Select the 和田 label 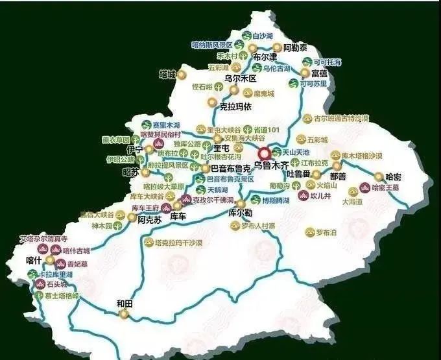[125, 302]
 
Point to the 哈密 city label [394, 176]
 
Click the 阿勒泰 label [295, 47]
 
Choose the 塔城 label [167, 74]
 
